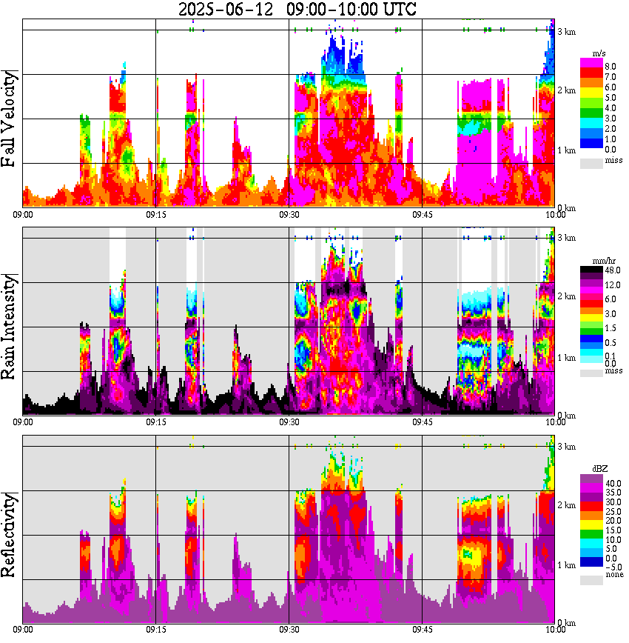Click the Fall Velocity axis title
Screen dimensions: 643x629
tap(10, 121)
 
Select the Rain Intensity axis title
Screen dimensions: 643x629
tap(10, 327)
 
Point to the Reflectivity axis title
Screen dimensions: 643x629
tap(10, 532)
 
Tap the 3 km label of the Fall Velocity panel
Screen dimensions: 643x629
tap(567, 31)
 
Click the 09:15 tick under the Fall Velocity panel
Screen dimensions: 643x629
tap(155, 215)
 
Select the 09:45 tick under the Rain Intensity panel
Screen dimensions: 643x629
tap(422, 422)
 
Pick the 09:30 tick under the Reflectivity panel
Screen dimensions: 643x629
tap(289, 630)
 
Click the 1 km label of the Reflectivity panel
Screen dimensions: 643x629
tap(567, 565)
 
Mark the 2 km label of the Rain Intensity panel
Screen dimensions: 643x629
tap(567, 296)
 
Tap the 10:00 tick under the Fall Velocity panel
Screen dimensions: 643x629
tap(555, 215)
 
